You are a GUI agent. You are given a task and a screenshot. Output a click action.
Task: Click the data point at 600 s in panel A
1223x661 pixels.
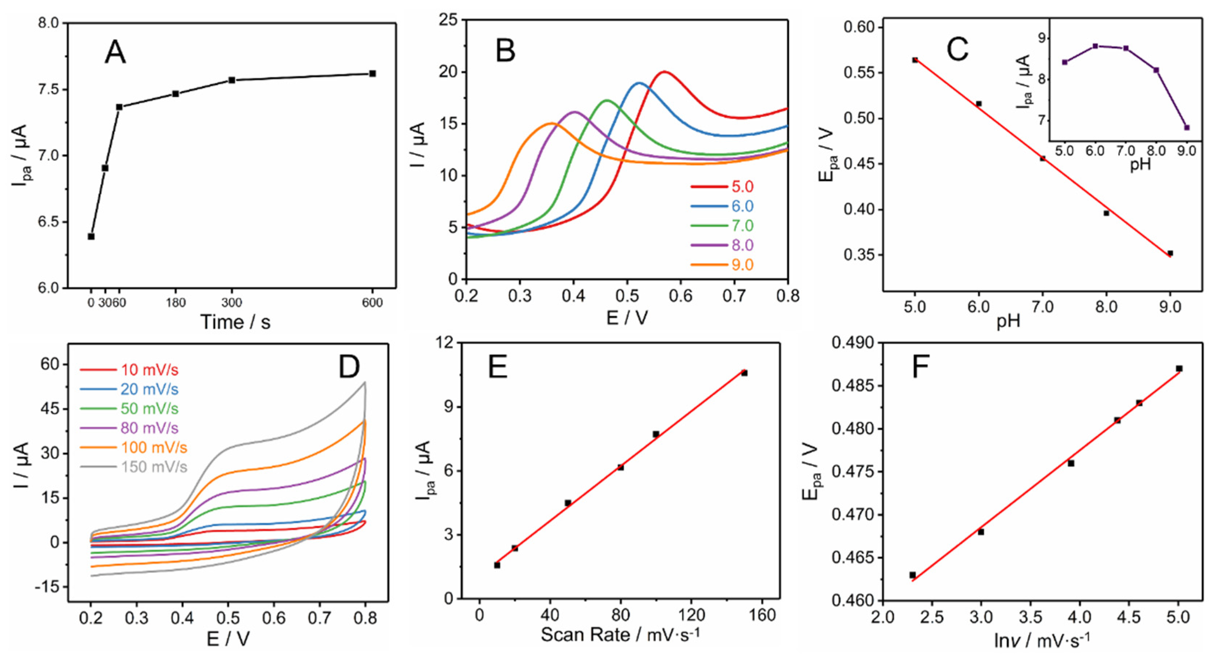click(372, 73)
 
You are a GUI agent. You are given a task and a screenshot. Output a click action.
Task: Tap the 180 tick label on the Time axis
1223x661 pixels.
click(176, 302)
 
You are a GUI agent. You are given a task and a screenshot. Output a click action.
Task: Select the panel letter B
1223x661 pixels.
click(505, 51)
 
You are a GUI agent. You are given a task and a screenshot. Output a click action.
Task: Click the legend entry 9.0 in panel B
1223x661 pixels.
click(742, 265)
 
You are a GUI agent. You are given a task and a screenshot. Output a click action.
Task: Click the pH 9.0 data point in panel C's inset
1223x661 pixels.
click(1186, 127)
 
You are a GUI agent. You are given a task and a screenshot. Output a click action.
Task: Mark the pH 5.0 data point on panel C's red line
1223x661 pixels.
click(915, 60)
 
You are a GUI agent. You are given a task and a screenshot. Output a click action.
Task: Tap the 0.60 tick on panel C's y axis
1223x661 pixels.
click(859, 27)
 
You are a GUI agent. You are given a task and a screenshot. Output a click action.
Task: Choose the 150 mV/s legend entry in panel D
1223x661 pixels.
click(153, 467)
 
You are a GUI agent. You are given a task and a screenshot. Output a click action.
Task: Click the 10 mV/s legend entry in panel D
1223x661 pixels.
click(149, 370)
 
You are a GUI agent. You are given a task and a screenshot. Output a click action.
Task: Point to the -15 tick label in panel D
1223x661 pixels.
click(47, 587)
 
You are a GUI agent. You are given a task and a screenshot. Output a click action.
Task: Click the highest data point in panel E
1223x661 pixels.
click(744, 373)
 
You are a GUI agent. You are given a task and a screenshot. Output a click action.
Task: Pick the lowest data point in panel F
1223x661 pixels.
click(913, 575)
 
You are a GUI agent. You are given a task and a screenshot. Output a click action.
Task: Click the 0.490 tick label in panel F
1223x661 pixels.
click(853, 343)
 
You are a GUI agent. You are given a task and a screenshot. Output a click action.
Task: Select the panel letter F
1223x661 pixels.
click(921, 368)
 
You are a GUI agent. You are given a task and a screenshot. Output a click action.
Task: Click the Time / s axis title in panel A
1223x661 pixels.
click(236, 322)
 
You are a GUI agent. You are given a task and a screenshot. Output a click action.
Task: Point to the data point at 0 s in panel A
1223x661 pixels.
click(91, 236)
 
